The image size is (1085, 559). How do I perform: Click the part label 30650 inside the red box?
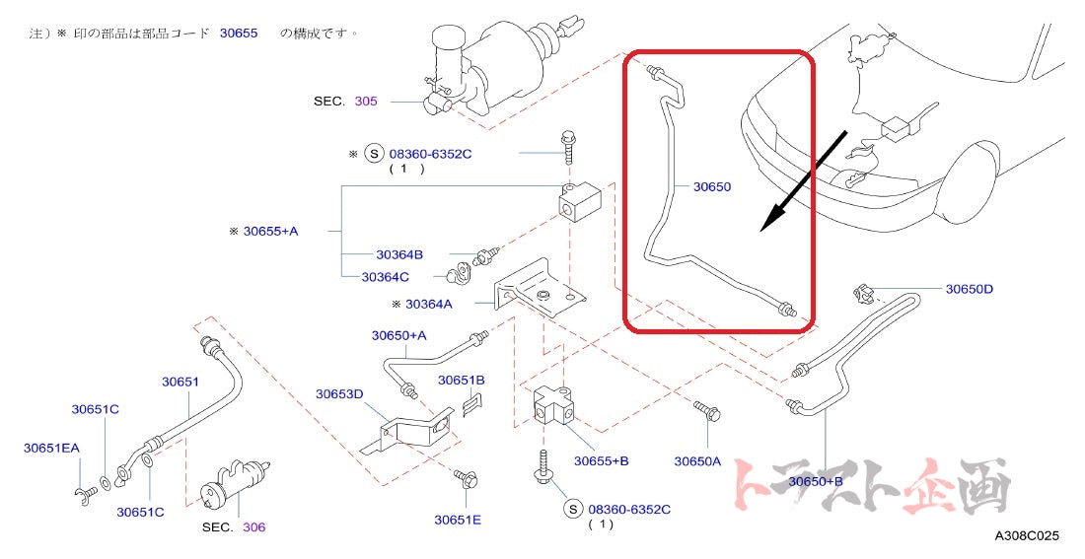point(711,186)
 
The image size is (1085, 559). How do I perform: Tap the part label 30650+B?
point(815,481)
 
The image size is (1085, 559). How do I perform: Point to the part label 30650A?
point(697,460)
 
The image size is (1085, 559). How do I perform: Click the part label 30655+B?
point(601,460)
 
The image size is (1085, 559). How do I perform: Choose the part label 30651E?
point(458,520)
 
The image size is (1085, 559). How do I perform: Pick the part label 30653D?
point(339,394)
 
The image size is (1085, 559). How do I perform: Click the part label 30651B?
point(461,380)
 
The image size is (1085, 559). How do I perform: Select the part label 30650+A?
point(398,335)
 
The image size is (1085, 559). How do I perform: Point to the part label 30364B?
point(398,253)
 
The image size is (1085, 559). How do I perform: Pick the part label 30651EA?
point(51,448)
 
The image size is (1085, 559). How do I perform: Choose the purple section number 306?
point(253,527)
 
